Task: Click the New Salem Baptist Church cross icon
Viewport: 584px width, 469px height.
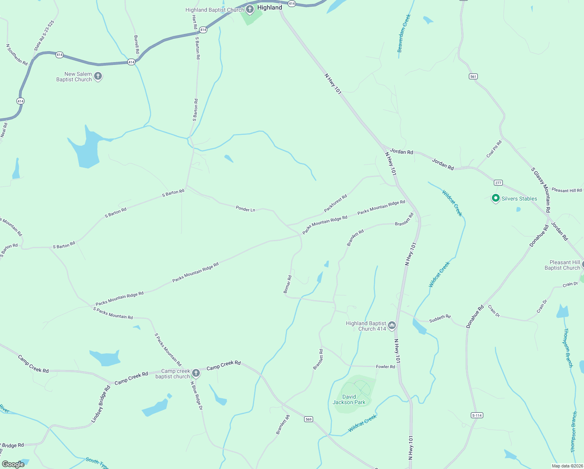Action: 98,76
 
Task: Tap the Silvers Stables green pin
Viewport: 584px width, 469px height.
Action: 495,199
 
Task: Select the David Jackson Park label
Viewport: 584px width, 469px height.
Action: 349,399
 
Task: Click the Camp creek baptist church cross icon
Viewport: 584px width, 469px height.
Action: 196,373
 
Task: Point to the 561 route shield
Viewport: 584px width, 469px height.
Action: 473,77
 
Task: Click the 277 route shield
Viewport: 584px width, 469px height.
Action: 498,183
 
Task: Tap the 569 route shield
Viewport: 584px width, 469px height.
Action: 308,419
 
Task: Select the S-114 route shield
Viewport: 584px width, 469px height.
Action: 477,415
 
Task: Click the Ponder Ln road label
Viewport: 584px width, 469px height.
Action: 246,209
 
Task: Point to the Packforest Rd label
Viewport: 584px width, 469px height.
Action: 335,204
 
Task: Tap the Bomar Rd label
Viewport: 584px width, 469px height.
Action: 287,284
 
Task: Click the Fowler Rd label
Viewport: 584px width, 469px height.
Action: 385,367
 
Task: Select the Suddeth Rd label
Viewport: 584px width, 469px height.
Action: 440,319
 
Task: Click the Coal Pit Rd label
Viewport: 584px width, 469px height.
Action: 494,149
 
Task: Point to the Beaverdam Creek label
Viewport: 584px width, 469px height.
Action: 404,34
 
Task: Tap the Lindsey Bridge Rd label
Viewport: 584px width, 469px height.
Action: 101,404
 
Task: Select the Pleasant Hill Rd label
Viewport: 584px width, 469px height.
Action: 566,190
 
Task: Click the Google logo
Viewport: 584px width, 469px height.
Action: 13,464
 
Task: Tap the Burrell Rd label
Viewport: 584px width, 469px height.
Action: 136,45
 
